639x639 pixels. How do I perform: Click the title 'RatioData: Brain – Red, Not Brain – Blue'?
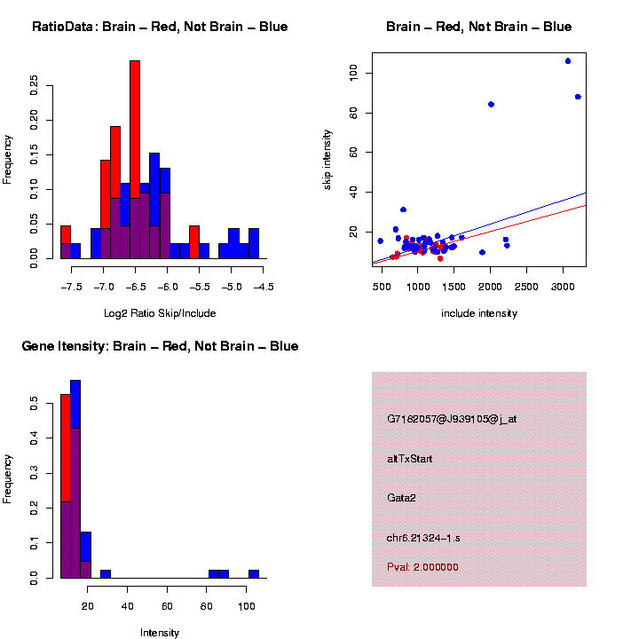click(x=160, y=27)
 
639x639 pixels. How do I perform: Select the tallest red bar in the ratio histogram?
click(x=135, y=160)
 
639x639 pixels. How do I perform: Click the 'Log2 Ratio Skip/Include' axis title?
click(x=160, y=312)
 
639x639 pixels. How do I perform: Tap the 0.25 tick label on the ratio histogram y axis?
click(x=35, y=84)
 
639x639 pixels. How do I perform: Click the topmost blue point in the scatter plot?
click(x=568, y=61)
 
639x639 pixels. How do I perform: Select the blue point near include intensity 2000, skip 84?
click(x=491, y=105)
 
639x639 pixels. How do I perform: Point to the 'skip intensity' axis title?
click(x=327, y=159)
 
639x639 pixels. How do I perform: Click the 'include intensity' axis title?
click(x=479, y=312)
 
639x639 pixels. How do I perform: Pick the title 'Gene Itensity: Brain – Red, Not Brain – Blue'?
click(x=160, y=346)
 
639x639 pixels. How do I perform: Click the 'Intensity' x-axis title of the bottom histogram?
click(x=160, y=633)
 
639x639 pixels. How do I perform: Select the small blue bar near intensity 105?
click(x=254, y=573)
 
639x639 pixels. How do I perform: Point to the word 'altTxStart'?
click(x=410, y=459)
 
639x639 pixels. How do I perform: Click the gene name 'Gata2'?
click(x=401, y=498)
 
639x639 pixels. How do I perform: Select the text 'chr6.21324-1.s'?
click(x=423, y=538)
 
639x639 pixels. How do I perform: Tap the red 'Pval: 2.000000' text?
click(x=422, y=567)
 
